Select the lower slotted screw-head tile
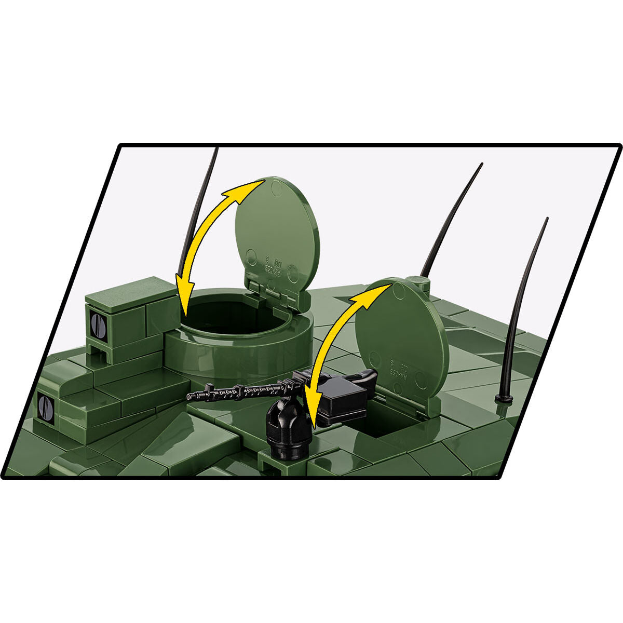click(x=46, y=407)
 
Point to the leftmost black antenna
click(x=200, y=202)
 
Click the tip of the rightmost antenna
click(x=546, y=220)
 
